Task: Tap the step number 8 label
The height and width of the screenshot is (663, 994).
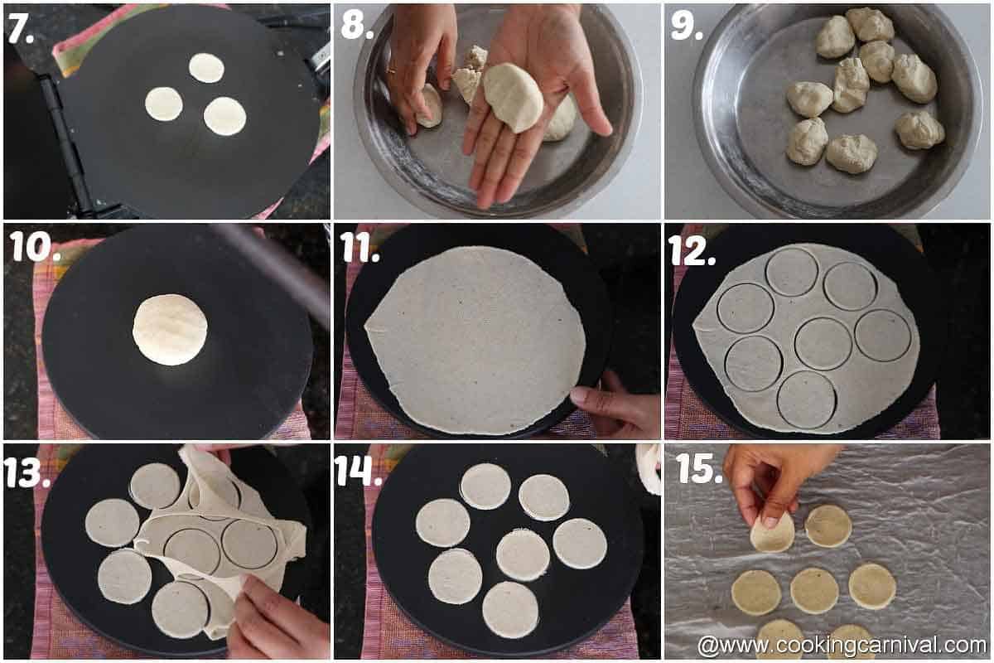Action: click(357, 26)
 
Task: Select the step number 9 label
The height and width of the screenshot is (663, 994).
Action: click(687, 27)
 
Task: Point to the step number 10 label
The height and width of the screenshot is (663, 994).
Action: click(36, 246)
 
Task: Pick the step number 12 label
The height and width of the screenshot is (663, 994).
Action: click(692, 250)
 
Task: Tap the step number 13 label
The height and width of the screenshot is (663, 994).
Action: click(27, 472)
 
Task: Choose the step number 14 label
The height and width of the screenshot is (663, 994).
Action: click(358, 470)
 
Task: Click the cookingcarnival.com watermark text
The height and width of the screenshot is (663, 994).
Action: click(842, 646)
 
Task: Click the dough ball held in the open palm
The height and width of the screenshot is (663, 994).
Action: click(513, 98)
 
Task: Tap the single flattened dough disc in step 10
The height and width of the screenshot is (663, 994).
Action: click(170, 330)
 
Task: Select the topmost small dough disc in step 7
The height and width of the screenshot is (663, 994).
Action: click(206, 67)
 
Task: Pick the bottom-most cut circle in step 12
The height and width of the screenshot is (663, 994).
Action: click(807, 399)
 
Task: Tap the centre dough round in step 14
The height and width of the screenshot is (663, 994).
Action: click(523, 556)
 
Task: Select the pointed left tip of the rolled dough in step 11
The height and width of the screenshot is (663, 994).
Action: click(365, 327)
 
